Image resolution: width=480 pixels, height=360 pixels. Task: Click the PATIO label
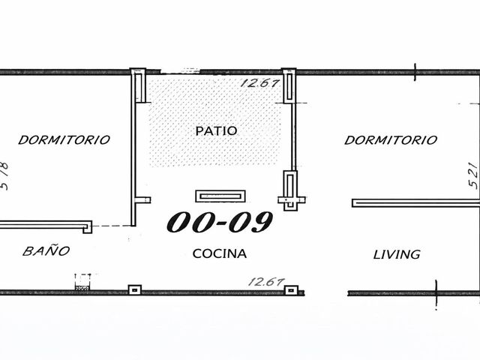[216, 131]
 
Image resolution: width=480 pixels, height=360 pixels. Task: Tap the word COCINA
[220, 253]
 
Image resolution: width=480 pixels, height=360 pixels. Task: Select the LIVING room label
[397, 254]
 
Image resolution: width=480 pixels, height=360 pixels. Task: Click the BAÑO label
[46, 250]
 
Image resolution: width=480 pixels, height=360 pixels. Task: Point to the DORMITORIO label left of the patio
[64, 140]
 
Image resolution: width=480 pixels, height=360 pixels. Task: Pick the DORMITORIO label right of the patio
[391, 140]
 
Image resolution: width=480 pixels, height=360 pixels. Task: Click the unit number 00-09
[220, 222]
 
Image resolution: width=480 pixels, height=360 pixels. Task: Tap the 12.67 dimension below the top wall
[260, 83]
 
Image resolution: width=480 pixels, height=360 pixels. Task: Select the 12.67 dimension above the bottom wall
[267, 282]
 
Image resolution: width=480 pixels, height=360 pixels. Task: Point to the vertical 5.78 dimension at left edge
[4, 175]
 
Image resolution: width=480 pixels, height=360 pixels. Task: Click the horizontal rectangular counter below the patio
[220, 196]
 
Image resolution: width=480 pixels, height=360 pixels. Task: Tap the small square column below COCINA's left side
[135, 289]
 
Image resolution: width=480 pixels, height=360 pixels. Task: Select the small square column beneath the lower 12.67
[292, 289]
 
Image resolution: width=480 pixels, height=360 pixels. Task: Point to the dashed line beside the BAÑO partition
[112, 226]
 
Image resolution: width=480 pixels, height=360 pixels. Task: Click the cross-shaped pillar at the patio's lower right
[291, 191]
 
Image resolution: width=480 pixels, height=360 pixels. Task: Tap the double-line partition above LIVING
[415, 203]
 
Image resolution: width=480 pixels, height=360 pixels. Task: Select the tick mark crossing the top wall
[415, 72]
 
